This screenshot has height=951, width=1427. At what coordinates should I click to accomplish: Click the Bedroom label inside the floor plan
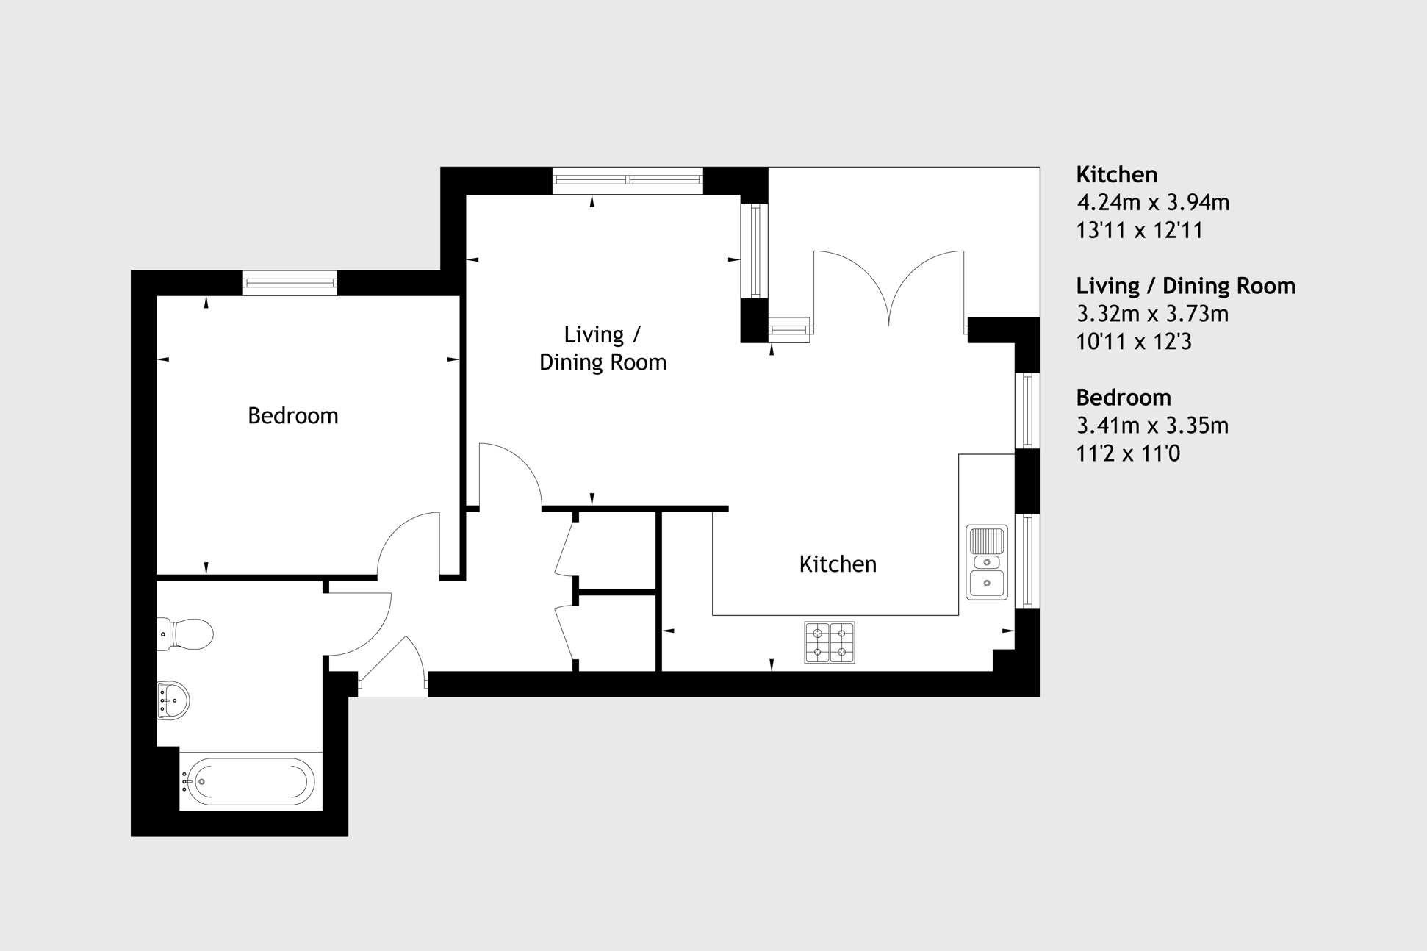292,416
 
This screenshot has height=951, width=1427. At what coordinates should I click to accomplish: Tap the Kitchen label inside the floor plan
838,564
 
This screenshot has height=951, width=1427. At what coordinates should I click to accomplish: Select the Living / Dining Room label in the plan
603,348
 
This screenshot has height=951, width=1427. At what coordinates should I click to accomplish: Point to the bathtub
250,782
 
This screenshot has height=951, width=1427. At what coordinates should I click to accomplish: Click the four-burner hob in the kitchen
830,642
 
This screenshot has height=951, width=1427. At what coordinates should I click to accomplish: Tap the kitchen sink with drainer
987,562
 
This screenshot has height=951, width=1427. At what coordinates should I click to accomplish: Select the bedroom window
290,283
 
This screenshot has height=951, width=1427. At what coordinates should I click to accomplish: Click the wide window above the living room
628,180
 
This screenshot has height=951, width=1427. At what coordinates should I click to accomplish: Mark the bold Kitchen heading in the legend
1117,175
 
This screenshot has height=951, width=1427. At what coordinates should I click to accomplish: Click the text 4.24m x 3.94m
1153,202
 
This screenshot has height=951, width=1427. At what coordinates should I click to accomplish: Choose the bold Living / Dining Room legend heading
1186,286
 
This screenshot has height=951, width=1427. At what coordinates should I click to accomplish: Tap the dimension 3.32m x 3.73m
1153,314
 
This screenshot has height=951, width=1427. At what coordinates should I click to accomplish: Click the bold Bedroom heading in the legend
1124,398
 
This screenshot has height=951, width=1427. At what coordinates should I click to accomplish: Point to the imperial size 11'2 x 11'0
1128,453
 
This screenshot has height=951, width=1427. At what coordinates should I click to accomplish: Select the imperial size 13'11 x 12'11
1140,231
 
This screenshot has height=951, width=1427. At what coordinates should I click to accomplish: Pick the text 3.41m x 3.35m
1153,426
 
